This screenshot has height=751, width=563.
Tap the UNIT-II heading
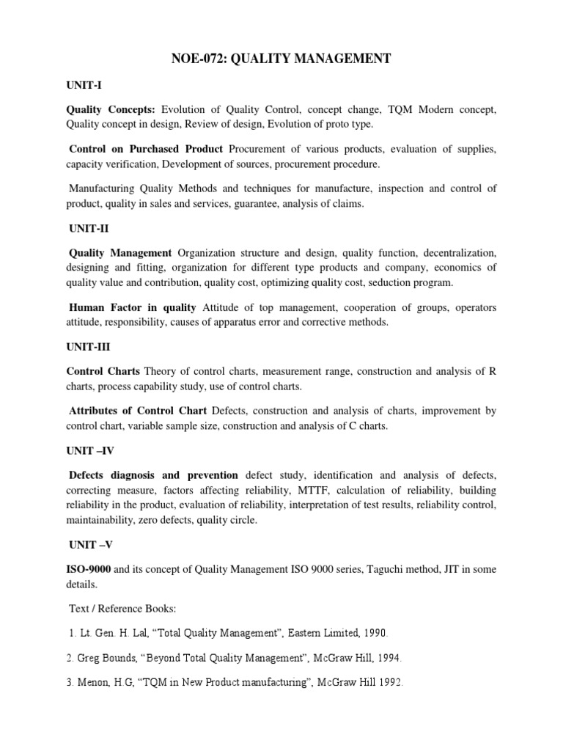[87, 229]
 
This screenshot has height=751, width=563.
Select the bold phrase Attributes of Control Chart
[138, 410]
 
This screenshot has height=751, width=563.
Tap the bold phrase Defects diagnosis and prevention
[153, 475]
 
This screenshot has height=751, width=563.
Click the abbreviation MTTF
[316, 490]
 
